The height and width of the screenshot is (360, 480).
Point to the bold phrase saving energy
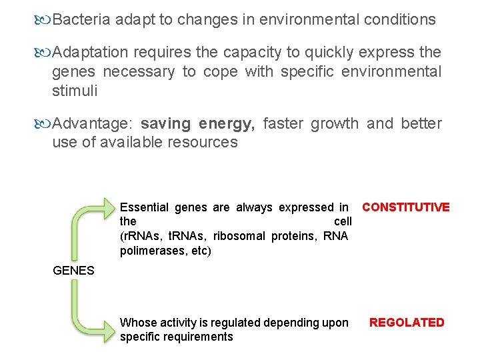pyautogui.click(x=198, y=124)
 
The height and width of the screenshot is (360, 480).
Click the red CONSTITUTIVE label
pyautogui.click(x=405, y=207)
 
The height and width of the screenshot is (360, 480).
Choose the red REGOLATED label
pyautogui.click(x=407, y=323)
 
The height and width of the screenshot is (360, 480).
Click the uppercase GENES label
pyautogui.click(x=73, y=271)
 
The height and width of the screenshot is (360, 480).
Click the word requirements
pyautogui.click(x=199, y=337)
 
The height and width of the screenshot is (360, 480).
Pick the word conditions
pyautogui.click(x=400, y=20)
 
